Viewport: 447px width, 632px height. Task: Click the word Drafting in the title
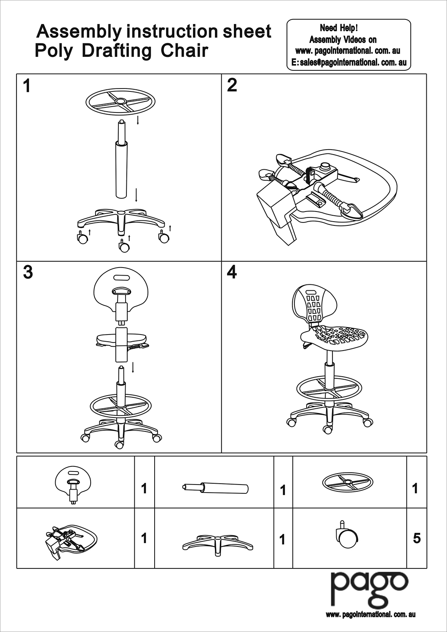click(x=116, y=51)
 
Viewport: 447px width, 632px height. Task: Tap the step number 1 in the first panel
click(x=27, y=86)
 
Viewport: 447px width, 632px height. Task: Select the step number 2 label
click(x=232, y=86)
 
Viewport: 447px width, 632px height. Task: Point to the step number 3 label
click(x=28, y=273)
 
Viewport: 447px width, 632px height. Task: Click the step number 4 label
click(x=232, y=273)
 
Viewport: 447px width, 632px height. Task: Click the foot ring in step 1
click(x=120, y=102)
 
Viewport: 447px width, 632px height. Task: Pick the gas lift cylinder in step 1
click(x=120, y=169)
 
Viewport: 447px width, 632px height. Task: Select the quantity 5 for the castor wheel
click(x=417, y=538)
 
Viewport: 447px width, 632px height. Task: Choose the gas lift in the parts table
click(x=215, y=488)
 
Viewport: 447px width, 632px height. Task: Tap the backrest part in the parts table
click(x=73, y=485)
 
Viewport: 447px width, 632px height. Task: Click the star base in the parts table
click(x=218, y=543)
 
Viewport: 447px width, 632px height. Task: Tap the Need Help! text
click(x=339, y=28)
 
